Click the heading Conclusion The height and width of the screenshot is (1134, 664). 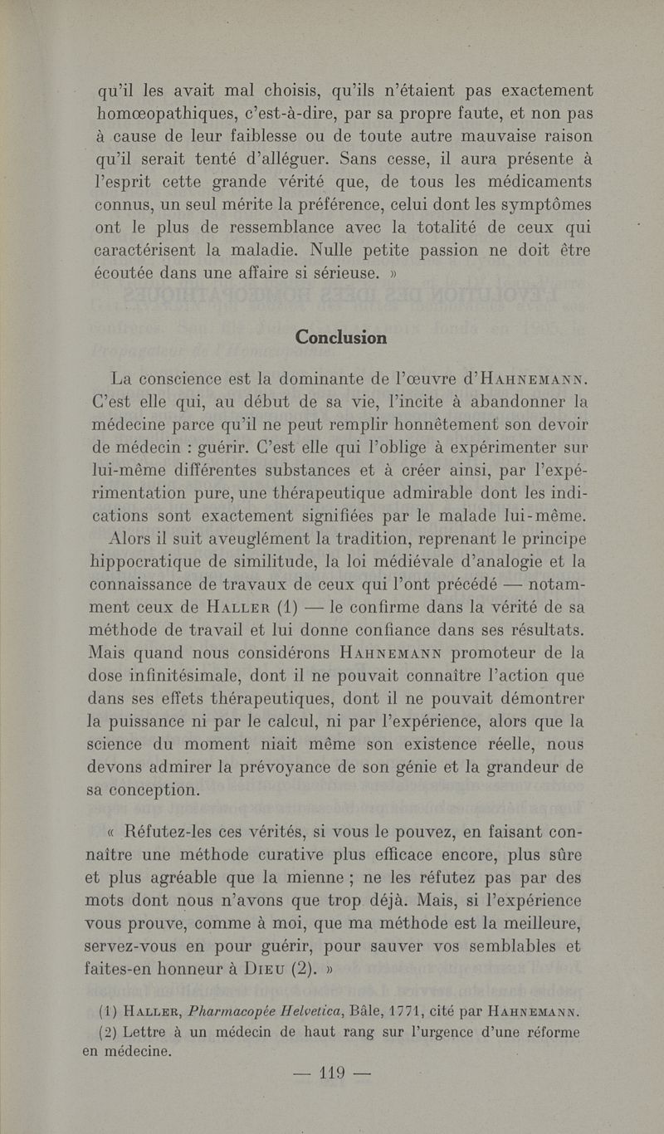tap(340, 338)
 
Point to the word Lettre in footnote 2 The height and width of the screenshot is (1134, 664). tap(139, 1034)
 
